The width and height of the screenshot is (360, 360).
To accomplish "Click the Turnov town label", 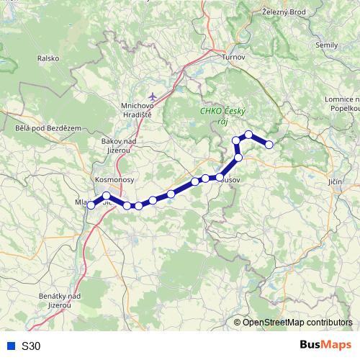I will [x=234, y=57].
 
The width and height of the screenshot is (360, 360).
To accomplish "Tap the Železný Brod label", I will [x=284, y=12].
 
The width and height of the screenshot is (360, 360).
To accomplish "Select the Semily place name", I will [x=326, y=45].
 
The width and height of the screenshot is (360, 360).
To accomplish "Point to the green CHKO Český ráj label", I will [x=222, y=117].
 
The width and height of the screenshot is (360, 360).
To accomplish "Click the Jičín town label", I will [x=334, y=182].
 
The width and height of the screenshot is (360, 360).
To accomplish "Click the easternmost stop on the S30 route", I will [x=270, y=145].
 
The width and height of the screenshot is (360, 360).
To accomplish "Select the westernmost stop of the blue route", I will [x=91, y=206].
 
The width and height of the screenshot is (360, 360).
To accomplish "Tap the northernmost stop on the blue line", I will [x=248, y=135].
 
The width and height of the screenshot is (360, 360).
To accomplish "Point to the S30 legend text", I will [x=31, y=346].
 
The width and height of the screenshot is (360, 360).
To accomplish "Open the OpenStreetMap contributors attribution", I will [x=297, y=323].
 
